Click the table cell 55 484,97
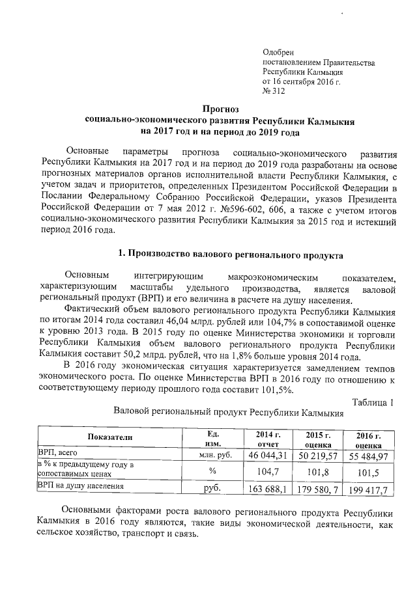tap(369, 456)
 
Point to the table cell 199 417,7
tap(367, 489)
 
